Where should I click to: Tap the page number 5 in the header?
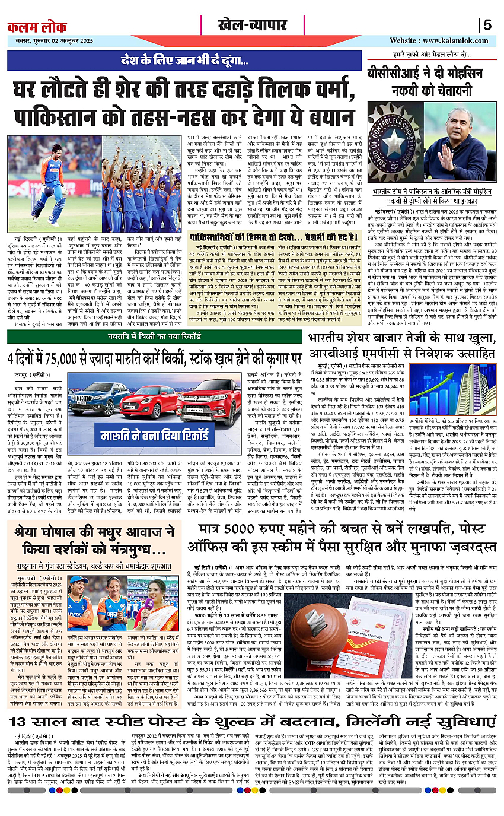(487, 26)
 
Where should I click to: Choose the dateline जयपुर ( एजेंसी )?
(28, 376)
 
